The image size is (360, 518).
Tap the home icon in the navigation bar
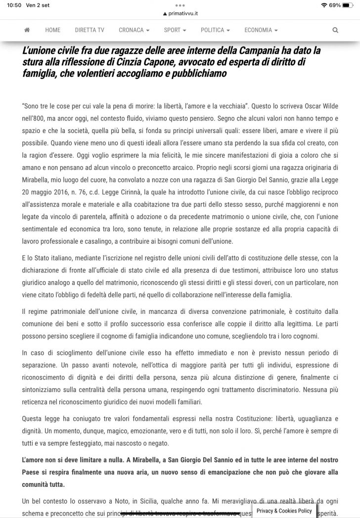pyautogui.click(x=27, y=30)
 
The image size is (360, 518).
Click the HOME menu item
pyautogui.click(x=52, y=30)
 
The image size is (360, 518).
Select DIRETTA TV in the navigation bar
pyautogui.click(x=90, y=30)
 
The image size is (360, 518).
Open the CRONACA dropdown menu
pyautogui.click(x=134, y=30)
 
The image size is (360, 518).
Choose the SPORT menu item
pyautogui.click(x=175, y=30)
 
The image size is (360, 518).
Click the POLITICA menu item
pyautogui.click(x=215, y=30)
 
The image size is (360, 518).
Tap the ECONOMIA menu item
pyautogui.click(x=261, y=30)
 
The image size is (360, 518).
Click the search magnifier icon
pyautogui.click(x=335, y=30)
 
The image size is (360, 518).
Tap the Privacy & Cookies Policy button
pyautogui.click(x=284, y=511)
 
